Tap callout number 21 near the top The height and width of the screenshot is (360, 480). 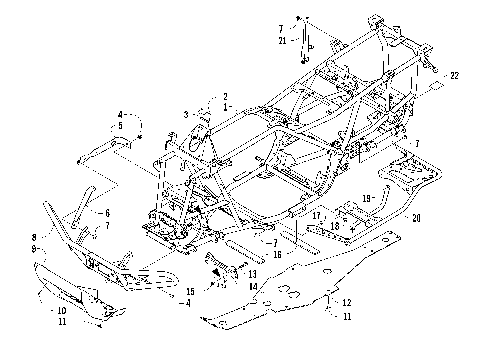(x=283, y=40)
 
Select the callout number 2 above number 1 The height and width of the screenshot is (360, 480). (x=226, y=96)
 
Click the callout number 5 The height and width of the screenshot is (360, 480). (x=120, y=126)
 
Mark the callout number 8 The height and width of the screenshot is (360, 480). (x=33, y=237)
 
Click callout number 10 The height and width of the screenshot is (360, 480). (x=47, y=311)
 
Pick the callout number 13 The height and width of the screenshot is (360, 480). (x=252, y=273)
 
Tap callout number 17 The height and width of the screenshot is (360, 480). (x=316, y=215)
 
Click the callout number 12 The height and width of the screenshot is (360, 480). (x=346, y=302)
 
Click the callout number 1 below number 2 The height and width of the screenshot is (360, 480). (x=226, y=106)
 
